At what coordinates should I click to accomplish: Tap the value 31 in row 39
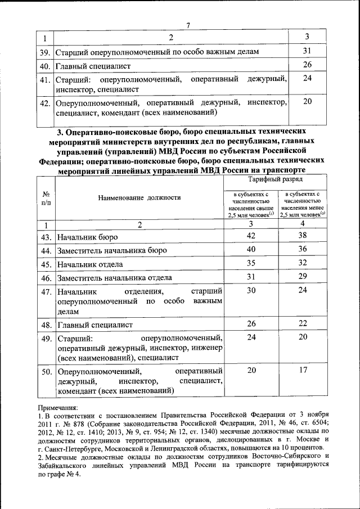[307, 52]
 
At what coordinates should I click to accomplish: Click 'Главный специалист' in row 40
[93, 66]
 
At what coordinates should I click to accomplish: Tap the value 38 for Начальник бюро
[303, 236]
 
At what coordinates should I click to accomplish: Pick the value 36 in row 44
[303, 249]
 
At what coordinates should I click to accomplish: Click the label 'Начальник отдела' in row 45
[89, 264]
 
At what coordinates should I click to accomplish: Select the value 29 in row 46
[303, 276]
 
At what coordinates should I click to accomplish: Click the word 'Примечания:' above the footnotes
[58, 408]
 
